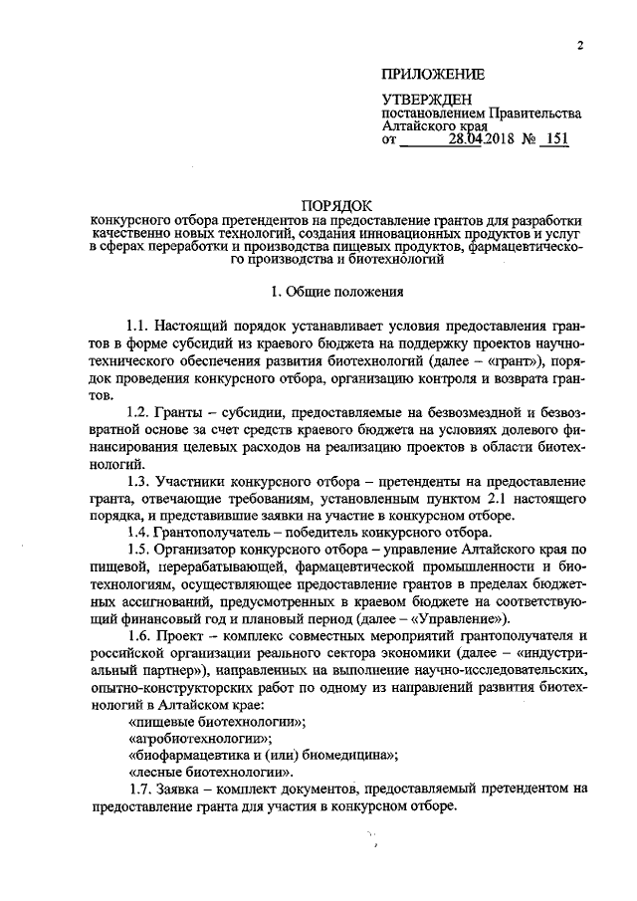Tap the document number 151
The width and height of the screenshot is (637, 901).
pyautogui.click(x=552, y=140)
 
